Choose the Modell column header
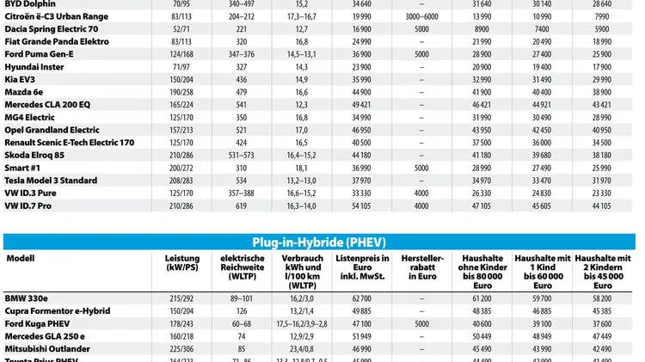[21, 258]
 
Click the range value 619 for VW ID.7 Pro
[241, 206]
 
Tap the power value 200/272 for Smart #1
[181, 169]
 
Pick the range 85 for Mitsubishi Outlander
[241, 349]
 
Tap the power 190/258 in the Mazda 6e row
[181, 91]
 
